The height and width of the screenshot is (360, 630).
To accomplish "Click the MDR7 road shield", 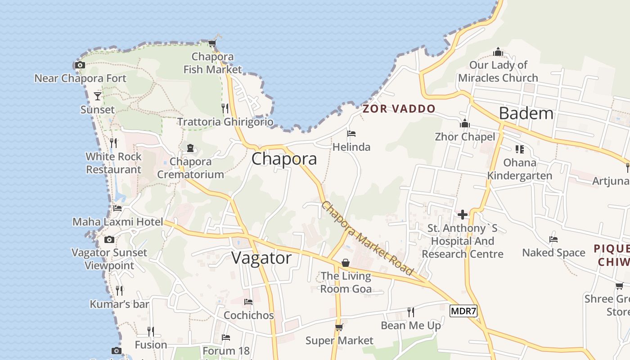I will click(463, 311).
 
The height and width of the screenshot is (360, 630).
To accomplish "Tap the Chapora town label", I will click(284, 159).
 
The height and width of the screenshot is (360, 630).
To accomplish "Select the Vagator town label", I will click(261, 258).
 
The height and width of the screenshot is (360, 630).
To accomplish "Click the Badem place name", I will click(526, 113).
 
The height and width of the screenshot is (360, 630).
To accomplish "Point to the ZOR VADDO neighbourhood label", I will click(399, 108).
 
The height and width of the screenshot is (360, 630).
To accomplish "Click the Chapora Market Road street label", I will click(367, 238).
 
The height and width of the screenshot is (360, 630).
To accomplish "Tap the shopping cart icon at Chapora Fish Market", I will click(212, 44).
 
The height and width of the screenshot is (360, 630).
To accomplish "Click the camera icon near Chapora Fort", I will click(80, 65).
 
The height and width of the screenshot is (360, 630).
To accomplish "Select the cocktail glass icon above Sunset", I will click(98, 96).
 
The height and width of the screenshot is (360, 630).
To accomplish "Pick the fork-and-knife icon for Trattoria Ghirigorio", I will click(225, 108).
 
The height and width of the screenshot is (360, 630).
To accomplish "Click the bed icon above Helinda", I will click(351, 134).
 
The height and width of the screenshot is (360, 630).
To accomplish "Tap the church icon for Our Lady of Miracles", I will click(498, 52).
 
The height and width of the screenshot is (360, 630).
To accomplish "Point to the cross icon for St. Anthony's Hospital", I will click(462, 215).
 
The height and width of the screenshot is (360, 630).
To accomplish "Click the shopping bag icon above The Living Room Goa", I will click(346, 262).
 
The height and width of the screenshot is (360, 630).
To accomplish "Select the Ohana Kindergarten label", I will click(520, 169).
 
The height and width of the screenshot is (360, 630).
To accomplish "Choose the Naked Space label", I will click(553, 252).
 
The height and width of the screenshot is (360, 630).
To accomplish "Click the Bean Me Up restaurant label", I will click(411, 325).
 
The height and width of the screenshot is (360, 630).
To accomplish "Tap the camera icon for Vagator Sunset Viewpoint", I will click(109, 239).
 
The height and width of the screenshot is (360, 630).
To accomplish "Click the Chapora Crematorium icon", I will click(190, 148).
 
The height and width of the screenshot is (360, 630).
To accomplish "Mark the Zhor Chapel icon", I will click(465, 123).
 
